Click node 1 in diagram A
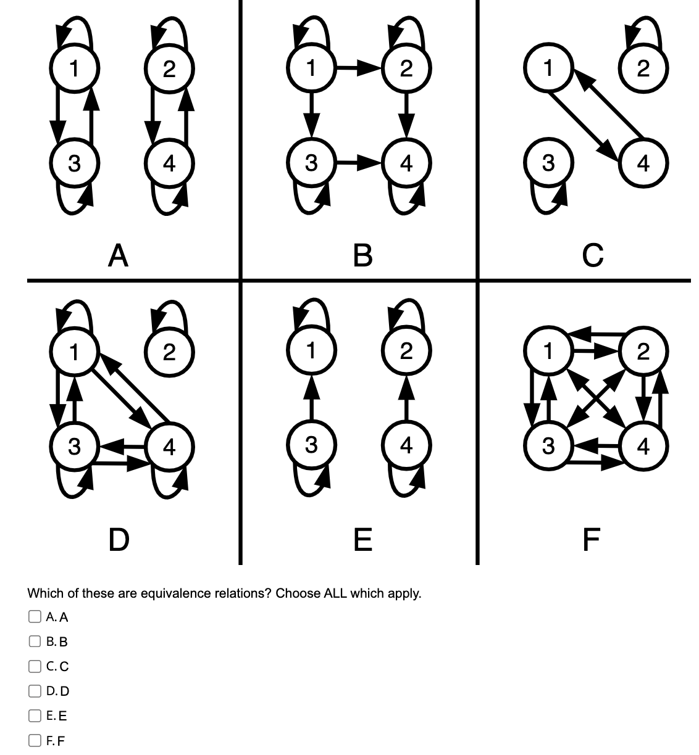[x=73, y=68]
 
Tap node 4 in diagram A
[x=169, y=163]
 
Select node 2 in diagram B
[x=405, y=68]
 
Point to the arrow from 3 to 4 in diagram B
[x=358, y=163]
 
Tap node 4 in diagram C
[x=643, y=163]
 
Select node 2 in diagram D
[x=169, y=352]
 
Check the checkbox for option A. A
[x=33, y=616]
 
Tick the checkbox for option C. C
[x=33, y=666]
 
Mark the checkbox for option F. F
[x=33, y=740]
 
